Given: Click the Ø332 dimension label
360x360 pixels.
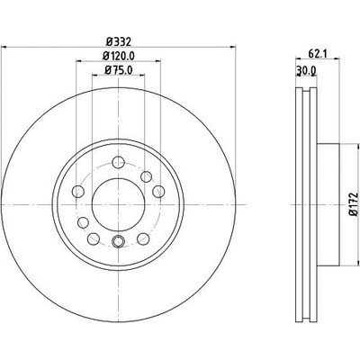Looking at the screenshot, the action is [x=119, y=41].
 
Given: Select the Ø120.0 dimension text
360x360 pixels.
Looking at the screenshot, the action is [x=118, y=56].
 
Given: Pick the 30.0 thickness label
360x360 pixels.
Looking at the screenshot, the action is [x=306, y=70].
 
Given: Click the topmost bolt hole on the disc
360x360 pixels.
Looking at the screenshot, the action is [x=118, y=162].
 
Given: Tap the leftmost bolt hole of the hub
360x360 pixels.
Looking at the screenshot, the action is [x=78, y=191].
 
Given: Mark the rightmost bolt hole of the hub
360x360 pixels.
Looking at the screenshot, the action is [x=158, y=192].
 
